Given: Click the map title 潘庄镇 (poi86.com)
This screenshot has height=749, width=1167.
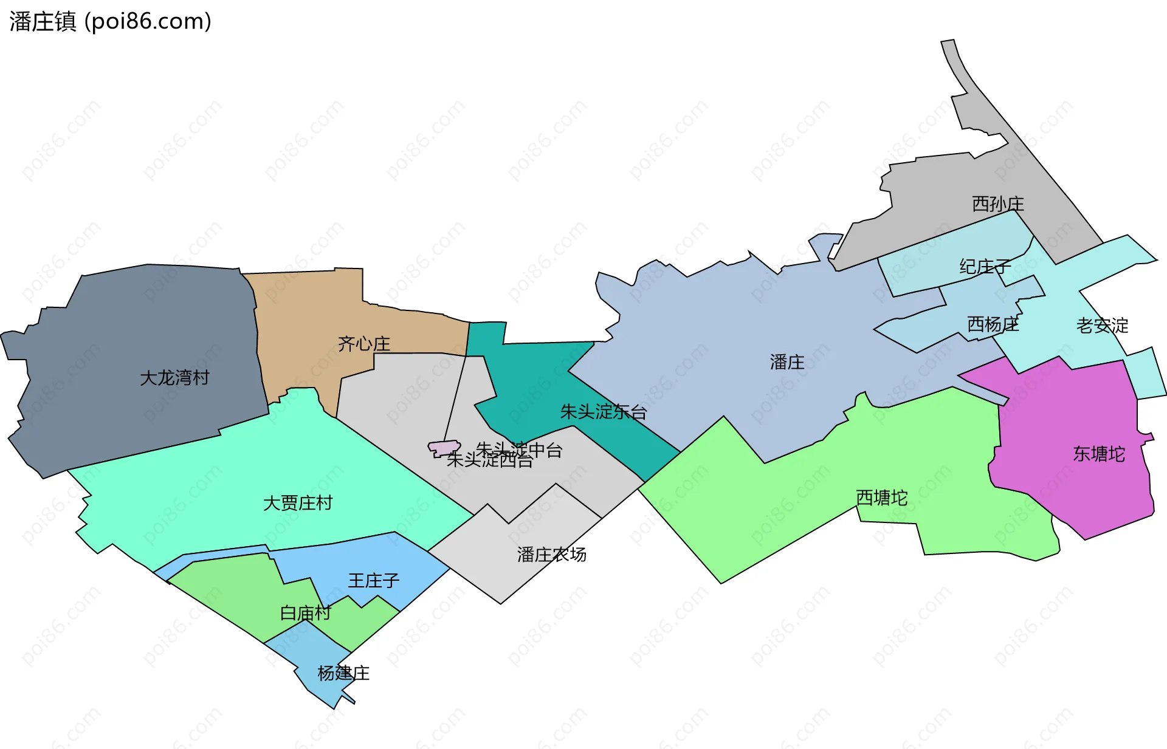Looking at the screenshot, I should [x=110, y=21].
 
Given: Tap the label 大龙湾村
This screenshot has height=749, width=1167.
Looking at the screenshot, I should [x=174, y=378].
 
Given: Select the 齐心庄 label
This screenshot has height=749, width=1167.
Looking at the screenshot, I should [x=364, y=344].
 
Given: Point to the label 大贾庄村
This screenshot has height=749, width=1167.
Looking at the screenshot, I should [x=298, y=503].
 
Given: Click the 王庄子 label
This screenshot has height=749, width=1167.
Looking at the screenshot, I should [x=373, y=581].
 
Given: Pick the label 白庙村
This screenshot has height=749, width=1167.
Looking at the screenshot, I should [x=305, y=613].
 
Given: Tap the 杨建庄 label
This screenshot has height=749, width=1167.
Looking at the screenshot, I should [x=343, y=673].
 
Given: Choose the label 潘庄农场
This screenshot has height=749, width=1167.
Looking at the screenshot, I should [x=551, y=555].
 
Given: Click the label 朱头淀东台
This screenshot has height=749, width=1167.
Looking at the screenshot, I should [x=603, y=412].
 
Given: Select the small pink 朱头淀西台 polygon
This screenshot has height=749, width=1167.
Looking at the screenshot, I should [x=444, y=448].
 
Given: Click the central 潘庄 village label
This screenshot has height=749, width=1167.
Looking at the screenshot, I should [x=787, y=362].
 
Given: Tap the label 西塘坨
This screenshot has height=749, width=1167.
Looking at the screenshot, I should [x=881, y=498].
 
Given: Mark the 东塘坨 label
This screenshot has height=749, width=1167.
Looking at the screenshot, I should [x=1099, y=454].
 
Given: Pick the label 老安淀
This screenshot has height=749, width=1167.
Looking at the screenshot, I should [x=1102, y=326].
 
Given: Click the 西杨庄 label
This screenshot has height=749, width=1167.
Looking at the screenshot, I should [x=993, y=324].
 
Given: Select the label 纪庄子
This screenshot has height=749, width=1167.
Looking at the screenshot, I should [x=985, y=266].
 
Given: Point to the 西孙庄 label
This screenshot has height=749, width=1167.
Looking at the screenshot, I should [x=998, y=203].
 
